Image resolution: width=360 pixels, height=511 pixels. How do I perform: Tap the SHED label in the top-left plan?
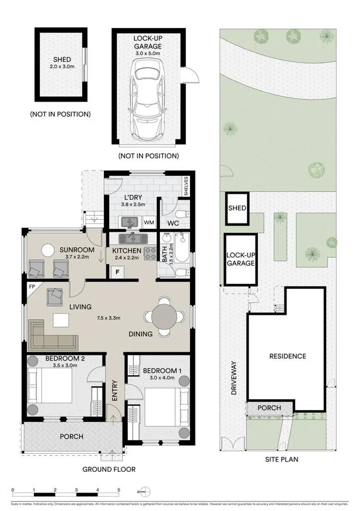coord(62,59)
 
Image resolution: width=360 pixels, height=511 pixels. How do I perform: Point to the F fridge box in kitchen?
coord(117,272)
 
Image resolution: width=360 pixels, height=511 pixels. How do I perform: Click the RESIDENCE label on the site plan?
coord(287,357)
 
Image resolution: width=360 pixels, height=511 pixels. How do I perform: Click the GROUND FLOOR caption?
coord(109,469)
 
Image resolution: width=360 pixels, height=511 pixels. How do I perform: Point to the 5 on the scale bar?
coord(118,490)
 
